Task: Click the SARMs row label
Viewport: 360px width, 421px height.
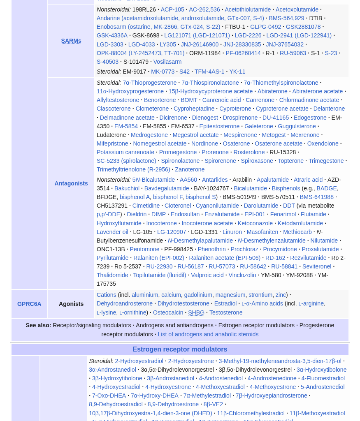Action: [71, 41]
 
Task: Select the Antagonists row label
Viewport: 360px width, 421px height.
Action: [71, 183]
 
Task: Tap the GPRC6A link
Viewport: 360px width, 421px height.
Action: [29, 304]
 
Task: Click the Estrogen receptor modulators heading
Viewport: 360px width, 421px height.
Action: [180, 349]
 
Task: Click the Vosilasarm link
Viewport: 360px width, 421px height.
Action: [167, 62]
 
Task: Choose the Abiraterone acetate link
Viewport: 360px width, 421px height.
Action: [317, 91]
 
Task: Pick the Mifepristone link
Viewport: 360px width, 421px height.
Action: [112, 143]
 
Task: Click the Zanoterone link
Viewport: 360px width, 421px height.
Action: [190, 169]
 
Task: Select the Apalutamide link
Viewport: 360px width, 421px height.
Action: [272, 180]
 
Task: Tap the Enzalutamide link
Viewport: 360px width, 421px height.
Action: [222, 214]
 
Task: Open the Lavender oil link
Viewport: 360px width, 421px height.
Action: [112, 232]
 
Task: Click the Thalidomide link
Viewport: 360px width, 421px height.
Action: [112, 275]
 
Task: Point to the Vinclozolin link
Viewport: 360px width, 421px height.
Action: [242, 275]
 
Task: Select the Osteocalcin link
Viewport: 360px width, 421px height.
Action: [168, 312]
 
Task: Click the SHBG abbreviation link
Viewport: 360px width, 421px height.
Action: [196, 312]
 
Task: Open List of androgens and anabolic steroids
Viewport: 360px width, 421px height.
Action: [208, 334]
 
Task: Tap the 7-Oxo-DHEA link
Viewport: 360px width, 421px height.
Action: [109, 396]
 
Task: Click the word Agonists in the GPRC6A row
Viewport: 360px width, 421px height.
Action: [71, 304]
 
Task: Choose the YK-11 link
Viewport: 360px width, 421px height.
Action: [237, 72]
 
